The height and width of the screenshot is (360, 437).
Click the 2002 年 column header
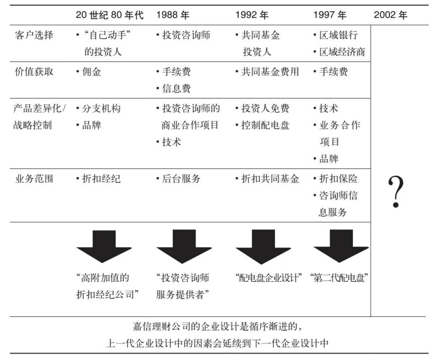390,15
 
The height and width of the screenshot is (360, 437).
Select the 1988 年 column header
172,15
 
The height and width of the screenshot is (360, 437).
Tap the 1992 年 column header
252,15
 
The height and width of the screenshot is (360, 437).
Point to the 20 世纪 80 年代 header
109,15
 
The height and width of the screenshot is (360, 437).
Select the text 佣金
91,72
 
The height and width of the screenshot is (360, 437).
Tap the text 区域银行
338,35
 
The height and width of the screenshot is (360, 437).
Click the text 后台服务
181,179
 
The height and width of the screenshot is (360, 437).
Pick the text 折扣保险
338,179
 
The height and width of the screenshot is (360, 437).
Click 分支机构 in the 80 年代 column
101,109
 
